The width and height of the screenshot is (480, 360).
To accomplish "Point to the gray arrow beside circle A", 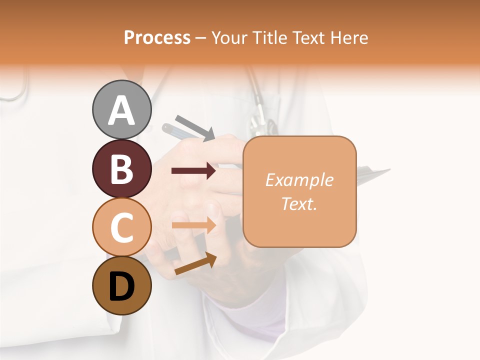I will pyautogui.click(x=195, y=128).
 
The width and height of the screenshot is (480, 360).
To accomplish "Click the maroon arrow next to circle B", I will pyautogui.click(x=193, y=171).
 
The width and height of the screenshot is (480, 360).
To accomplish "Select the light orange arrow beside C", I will pyautogui.click(x=193, y=225).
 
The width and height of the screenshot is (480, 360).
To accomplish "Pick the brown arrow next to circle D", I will pyautogui.click(x=195, y=263).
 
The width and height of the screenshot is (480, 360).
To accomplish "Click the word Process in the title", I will pyautogui.click(x=157, y=37).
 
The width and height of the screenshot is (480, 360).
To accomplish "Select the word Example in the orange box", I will pyautogui.click(x=299, y=180).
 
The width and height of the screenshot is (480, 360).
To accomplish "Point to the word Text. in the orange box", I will pyautogui.click(x=299, y=203).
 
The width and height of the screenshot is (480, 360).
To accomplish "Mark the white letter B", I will pyautogui.click(x=121, y=169).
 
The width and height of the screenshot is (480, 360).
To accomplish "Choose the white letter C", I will pyautogui.click(x=121, y=227).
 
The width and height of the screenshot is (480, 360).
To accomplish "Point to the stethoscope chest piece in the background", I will pyautogui.click(x=264, y=124).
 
